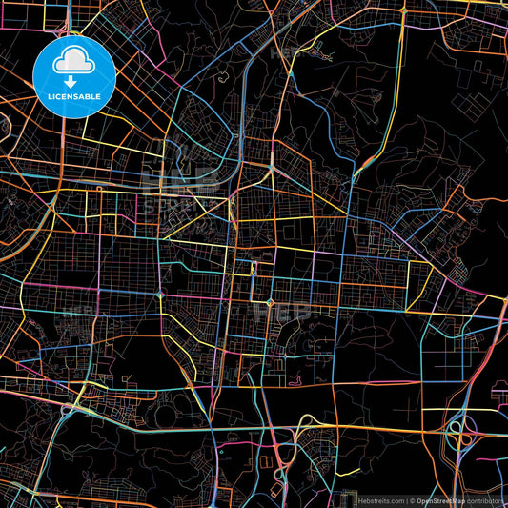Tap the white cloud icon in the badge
[74, 60]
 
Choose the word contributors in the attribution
[485, 500]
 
